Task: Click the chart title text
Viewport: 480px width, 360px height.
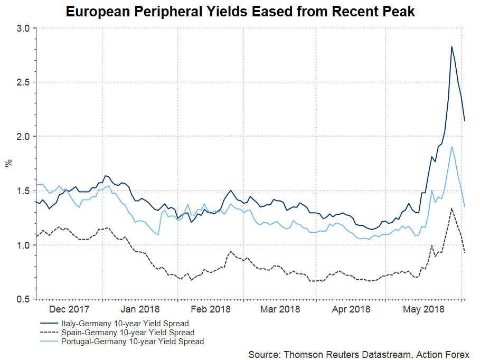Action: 240,12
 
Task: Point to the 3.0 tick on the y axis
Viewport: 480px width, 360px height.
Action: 23,28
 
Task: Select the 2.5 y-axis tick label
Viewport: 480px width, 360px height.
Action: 23,82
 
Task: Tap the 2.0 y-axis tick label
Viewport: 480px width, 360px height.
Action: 23,137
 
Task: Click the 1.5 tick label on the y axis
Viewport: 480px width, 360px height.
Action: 23,191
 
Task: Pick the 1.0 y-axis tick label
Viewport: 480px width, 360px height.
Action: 23,245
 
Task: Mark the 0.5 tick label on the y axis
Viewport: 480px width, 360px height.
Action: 23,300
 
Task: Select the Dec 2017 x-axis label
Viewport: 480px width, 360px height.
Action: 69,309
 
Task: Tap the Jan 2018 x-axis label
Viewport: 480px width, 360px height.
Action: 139,309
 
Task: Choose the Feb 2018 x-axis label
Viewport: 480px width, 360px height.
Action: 210,309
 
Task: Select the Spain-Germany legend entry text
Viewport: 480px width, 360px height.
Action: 128,333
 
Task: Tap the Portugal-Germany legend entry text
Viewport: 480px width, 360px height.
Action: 133,342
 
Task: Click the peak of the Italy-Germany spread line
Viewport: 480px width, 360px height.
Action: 451,46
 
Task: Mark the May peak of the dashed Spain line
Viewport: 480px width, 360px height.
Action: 451,208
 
